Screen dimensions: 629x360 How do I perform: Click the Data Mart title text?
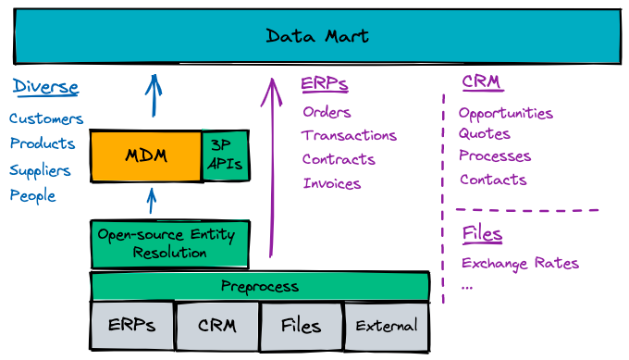[x=317, y=36]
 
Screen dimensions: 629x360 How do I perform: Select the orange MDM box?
[x=146, y=155]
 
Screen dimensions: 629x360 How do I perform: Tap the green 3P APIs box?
[x=226, y=155]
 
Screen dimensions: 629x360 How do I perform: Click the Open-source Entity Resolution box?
[x=170, y=243]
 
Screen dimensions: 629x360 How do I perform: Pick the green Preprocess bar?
[x=260, y=286]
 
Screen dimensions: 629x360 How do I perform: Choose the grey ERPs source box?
[x=132, y=326]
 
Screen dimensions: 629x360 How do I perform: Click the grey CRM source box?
[x=217, y=326]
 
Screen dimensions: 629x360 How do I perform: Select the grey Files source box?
[x=302, y=327]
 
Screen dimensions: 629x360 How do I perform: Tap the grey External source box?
[x=387, y=327]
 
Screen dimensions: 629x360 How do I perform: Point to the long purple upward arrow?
[x=272, y=168]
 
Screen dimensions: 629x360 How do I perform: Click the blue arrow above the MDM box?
[x=154, y=95]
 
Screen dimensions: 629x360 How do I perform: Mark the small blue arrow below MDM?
[x=151, y=201]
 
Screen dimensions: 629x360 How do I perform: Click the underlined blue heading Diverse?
[x=45, y=87]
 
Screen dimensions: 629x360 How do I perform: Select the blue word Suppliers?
[x=40, y=170]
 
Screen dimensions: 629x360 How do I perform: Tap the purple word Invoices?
[x=332, y=183]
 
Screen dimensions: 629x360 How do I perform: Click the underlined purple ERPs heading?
[x=325, y=84]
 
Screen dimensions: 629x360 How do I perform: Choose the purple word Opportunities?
[x=506, y=114]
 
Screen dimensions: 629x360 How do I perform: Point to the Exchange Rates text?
[x=520, y=264]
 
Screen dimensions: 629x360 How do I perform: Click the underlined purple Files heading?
[x=482, y=233]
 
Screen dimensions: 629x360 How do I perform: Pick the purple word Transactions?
[x=349, y=136]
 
